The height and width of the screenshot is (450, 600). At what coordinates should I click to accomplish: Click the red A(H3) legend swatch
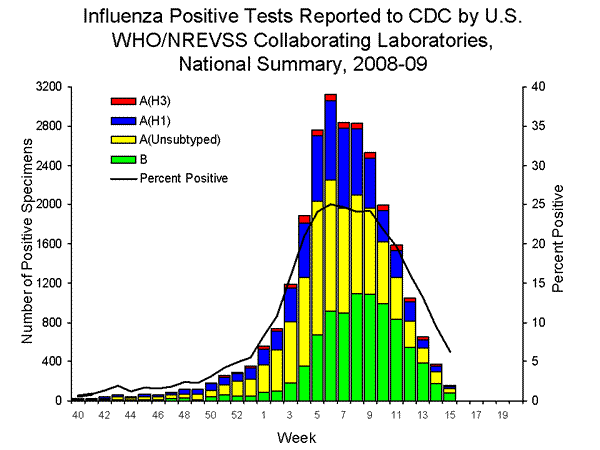(122, 101)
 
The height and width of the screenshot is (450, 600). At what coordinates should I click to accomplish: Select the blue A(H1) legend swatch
(122, 120)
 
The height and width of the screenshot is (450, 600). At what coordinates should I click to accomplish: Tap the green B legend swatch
(122, 159)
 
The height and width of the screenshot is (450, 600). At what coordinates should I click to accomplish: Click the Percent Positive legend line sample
(122, 178)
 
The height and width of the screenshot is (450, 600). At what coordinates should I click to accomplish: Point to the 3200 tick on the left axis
(46, 87)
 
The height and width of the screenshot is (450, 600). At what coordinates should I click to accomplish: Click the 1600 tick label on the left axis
(46, 244)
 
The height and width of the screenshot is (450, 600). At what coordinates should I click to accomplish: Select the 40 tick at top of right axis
(538, 87)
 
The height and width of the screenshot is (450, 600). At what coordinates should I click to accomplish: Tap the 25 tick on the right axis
(538, 204)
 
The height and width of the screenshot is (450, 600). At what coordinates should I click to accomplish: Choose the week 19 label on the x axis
(502, 415)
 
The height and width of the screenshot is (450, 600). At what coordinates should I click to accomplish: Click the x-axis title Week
(290, 437)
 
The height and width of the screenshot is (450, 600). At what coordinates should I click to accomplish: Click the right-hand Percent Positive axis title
(566, 244)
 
